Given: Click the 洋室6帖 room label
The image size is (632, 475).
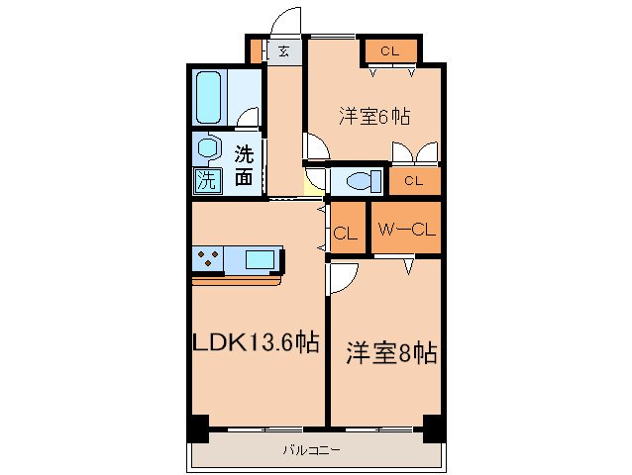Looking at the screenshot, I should [x=374, y=116].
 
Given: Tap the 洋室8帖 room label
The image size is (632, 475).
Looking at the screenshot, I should [x=390, y=353].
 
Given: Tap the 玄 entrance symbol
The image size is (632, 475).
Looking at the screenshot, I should [x=284, y=50].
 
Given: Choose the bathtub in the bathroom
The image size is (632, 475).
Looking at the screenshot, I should [x=213, y=96].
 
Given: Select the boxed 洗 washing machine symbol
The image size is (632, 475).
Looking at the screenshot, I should [x=206, y=180].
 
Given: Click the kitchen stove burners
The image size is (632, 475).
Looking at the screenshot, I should [x=209, y=259].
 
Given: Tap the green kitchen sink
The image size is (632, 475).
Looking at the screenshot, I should [x=262, y=259].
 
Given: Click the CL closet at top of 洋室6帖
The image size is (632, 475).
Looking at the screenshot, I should [x=389, y=50].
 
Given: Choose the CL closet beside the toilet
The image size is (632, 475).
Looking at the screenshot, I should [x=414, y=181].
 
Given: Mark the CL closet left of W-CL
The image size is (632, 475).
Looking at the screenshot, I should [x=345, y=234].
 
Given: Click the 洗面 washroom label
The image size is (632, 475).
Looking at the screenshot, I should [x=244, y=166].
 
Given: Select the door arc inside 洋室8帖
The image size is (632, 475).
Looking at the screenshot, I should [x=342, y=278].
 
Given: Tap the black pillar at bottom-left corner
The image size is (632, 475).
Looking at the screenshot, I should [x=198, y=430].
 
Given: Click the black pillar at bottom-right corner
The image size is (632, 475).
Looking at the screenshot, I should [x=433, y=430].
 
